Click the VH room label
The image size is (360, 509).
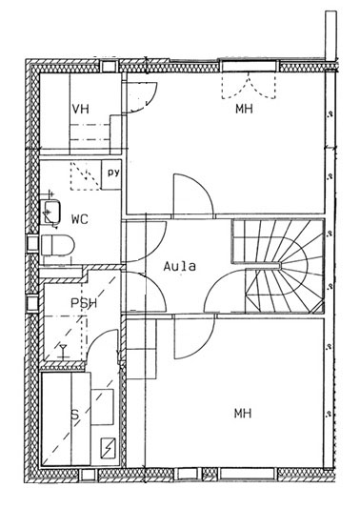coord(80,109)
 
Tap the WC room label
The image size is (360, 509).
coord(80,219)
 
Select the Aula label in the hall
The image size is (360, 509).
coord(180,266)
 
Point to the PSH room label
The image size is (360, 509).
coord(84,303)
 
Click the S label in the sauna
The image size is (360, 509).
coord(75,415)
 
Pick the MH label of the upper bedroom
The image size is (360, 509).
coord(244,109)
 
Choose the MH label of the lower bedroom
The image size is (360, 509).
coord(243,414)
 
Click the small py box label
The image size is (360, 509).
coord(113,173)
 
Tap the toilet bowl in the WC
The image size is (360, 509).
coord(58,245)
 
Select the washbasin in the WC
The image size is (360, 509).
coord(50,212)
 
